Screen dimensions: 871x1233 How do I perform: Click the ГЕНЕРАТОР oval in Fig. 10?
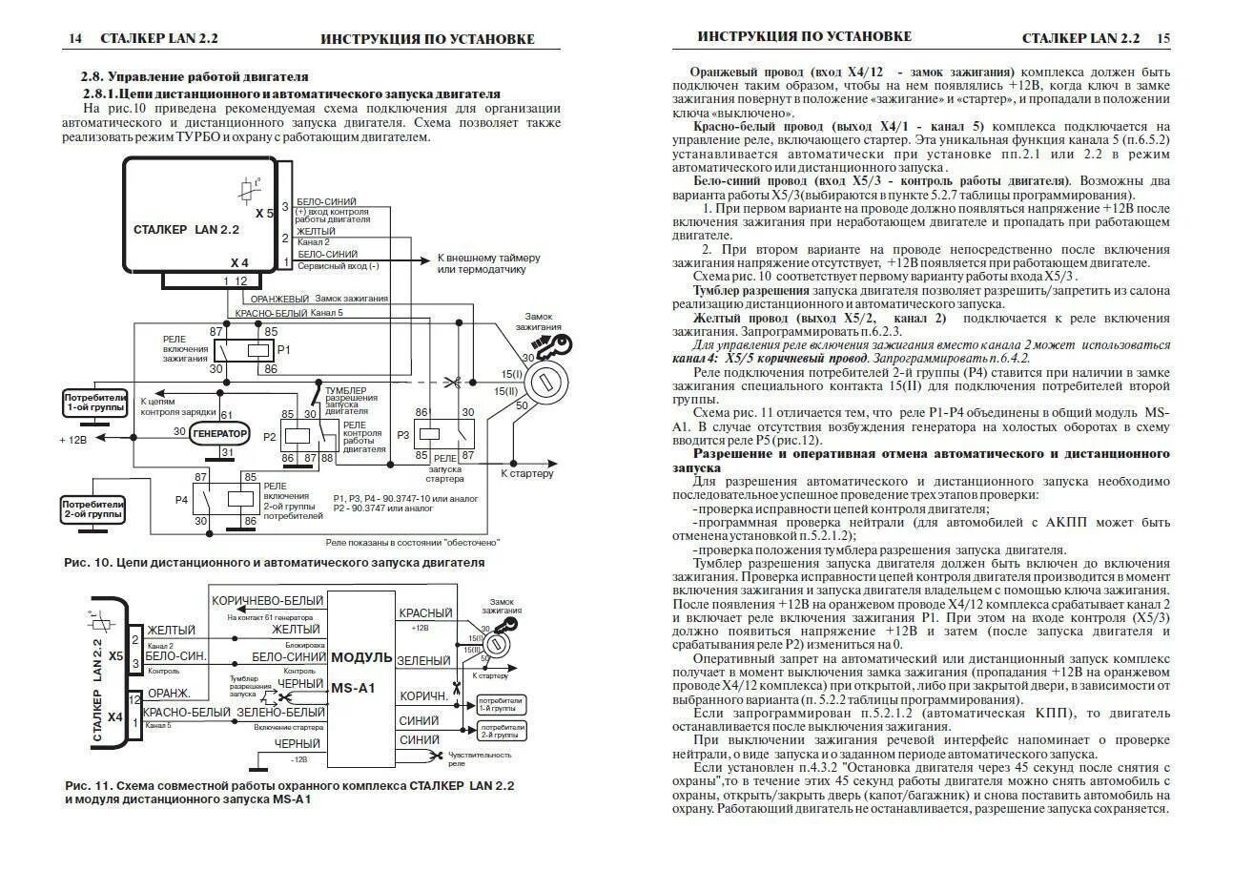point(219,433)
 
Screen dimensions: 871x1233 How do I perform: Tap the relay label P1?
point(282,350)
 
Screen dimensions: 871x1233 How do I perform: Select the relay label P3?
point(403,435)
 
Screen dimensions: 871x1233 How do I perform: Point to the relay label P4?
point(181,499)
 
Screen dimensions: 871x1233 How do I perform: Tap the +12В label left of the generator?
point(73,440)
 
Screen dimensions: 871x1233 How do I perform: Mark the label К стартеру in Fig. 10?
point(526,472)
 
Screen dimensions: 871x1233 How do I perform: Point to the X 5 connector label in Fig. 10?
point(264,213)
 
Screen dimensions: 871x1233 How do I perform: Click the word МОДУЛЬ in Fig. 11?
point(361,657)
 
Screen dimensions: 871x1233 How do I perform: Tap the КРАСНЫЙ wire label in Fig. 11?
point(424,612)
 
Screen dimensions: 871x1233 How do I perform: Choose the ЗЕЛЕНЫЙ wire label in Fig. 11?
point(423,660)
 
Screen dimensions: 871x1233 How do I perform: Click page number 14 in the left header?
point(75,39)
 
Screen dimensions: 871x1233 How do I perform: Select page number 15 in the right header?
point(1163,38)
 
